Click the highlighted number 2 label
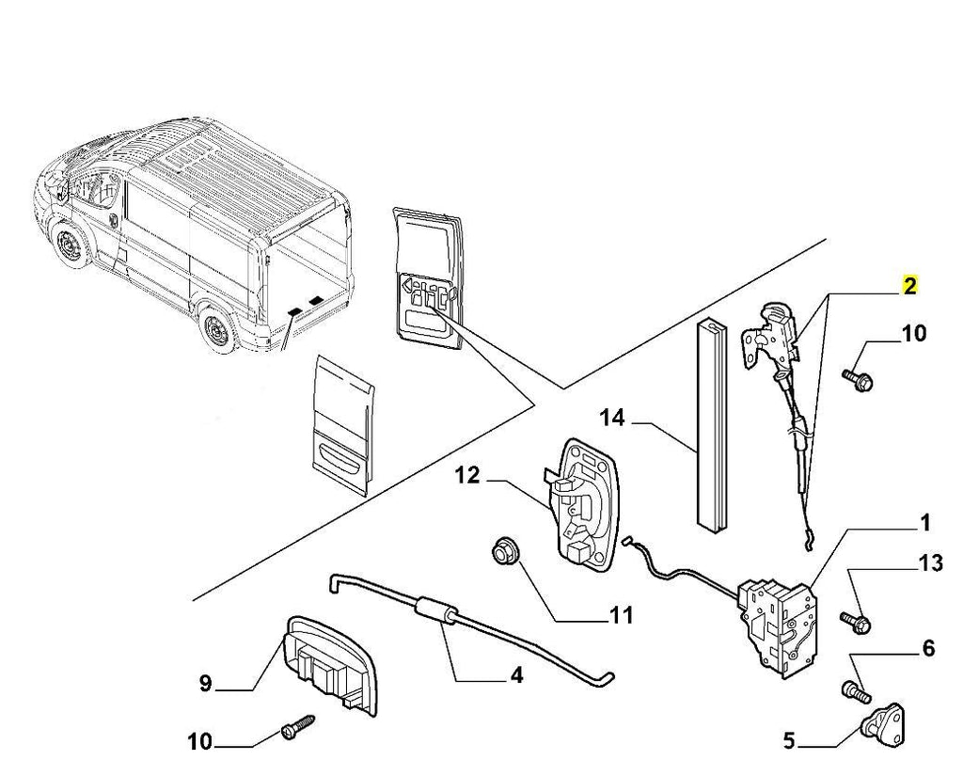pyautogui.click(x=909, y=286)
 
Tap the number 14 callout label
pyautogui.click(x=612, y=417)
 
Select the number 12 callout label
pyautogui.click(x=468, y=476)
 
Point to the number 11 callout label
pyautogui.click(x=621, y=616)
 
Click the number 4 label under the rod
pyautogui.click(x=516, y=674)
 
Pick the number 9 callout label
pyautogui.click(x=205, y=684)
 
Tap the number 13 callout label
pyautogui.click(x=929, y=563)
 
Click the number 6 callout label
pyautogui.click(x=928, y=648)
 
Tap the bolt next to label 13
pyautogui.click(x=855, y=621)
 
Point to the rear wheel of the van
pyautogui.click(x=216, y=332)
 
